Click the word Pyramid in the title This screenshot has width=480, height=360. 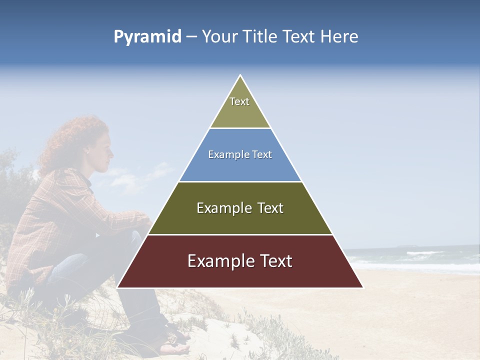(x=147, y=37)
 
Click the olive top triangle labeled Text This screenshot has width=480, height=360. (x=240, y=107)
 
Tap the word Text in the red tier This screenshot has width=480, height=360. (x=273, y=261)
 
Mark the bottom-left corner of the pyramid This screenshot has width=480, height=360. (x=117, y=287)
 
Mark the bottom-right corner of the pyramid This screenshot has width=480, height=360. (x=363, y=287)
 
